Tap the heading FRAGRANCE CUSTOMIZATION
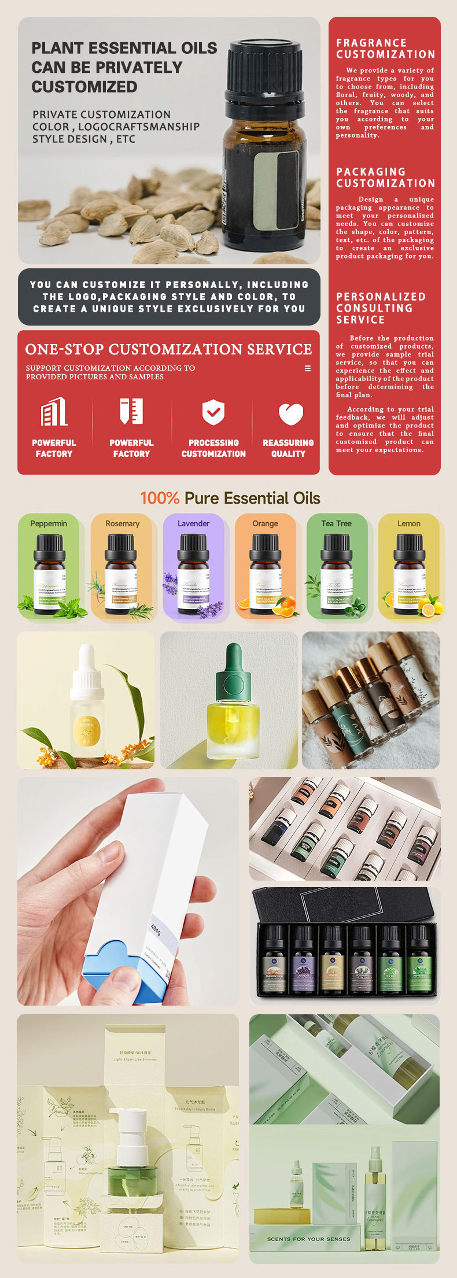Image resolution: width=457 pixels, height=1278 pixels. point(385,49)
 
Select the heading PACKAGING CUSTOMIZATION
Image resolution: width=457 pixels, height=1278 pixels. point(385,178)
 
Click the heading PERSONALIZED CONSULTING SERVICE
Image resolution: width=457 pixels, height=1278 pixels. point(381,308)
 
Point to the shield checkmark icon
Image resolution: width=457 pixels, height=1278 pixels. point(213,412)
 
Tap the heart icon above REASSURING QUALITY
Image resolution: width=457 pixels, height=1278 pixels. point(290,413)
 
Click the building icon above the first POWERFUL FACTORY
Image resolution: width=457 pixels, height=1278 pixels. point(54,412)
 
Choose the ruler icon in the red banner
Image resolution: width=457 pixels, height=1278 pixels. point(131,411)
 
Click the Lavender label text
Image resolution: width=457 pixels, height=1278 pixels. point(193,523)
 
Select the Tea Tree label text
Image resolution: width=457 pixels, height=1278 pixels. point(336,523)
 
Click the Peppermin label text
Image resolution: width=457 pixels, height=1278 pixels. point(49,523)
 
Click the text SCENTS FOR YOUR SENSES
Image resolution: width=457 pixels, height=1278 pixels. point(308,1239)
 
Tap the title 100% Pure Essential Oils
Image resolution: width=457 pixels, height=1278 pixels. point(230,498)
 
